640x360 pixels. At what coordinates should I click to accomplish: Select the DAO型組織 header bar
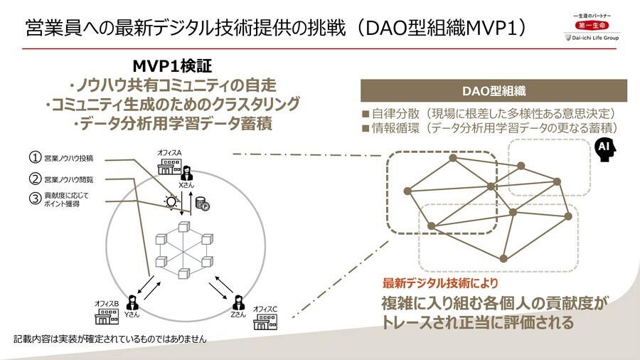(494, 91)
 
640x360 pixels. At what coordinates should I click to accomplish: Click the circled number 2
(33, 179)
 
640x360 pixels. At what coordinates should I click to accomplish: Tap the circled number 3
(33, 198)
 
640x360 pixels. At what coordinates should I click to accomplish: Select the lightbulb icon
(171, 202)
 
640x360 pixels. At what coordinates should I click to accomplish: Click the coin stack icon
(201, 203)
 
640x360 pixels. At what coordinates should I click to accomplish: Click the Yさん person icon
(131, 301)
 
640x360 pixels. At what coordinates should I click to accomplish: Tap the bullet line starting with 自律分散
(489, 114)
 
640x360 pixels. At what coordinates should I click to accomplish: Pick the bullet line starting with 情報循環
(489, 128)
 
